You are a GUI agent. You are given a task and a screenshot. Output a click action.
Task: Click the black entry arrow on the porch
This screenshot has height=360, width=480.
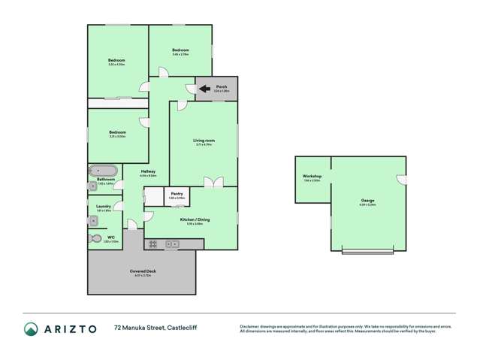(204, 89)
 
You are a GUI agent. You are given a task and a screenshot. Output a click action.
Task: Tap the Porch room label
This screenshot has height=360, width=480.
(222, 87)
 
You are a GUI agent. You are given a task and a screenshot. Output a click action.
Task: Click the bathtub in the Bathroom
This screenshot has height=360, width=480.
(103, 170)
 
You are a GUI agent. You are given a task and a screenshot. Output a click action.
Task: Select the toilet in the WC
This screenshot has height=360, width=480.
(95, 238)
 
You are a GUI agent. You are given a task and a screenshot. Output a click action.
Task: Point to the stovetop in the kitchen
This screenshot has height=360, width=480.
(152, 244)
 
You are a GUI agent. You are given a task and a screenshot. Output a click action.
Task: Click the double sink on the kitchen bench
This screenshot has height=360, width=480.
(173, 244)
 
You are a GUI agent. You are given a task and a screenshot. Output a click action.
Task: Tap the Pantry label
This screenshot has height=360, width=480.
(177, 194)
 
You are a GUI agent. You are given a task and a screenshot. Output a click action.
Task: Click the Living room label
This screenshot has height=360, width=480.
(204, 141)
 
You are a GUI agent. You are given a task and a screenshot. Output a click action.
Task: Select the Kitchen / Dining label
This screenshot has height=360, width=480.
(194, 219)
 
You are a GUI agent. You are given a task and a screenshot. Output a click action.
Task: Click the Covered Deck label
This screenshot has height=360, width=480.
(143, 271)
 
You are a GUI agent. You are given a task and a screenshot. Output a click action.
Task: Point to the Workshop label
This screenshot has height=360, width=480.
(312, 177)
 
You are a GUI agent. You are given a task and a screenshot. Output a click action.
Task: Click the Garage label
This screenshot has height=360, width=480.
(367, 200)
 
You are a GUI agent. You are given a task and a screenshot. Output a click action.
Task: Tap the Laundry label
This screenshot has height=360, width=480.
(104, 206)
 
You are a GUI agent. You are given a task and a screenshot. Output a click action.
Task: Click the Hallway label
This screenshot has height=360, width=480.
(148, 171)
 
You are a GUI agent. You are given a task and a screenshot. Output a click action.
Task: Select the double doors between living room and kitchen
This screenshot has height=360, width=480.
(213, 183)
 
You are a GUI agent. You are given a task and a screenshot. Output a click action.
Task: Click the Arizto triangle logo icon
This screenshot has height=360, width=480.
(32, 328)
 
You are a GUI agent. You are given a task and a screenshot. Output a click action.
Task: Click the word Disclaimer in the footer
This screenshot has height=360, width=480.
(252, 325)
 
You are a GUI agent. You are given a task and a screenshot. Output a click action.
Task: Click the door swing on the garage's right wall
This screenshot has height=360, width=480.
(402, 180)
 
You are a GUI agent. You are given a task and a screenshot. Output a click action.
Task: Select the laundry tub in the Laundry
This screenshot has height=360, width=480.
(93, 217)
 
